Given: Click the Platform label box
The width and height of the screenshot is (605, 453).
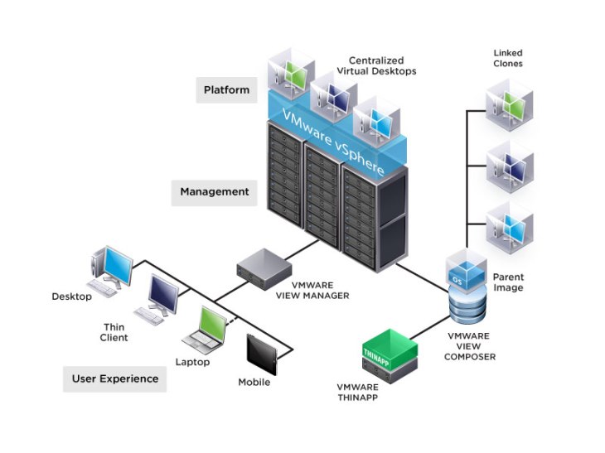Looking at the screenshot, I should [226, 89].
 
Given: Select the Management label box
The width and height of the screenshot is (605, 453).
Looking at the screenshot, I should [215, 191].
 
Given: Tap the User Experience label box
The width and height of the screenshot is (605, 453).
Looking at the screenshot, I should [114, 378].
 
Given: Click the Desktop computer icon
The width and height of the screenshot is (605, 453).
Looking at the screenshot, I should [109, 268].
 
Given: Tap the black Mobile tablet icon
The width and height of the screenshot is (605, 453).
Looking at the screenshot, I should [259, 354].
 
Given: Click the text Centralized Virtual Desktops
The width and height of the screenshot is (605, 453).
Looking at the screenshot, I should [382, 66].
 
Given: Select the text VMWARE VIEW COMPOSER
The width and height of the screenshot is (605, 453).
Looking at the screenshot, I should [470, 346].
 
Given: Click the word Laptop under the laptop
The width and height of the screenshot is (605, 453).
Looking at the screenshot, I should [192, 362].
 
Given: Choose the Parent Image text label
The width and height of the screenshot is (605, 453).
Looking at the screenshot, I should [507, 282].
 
